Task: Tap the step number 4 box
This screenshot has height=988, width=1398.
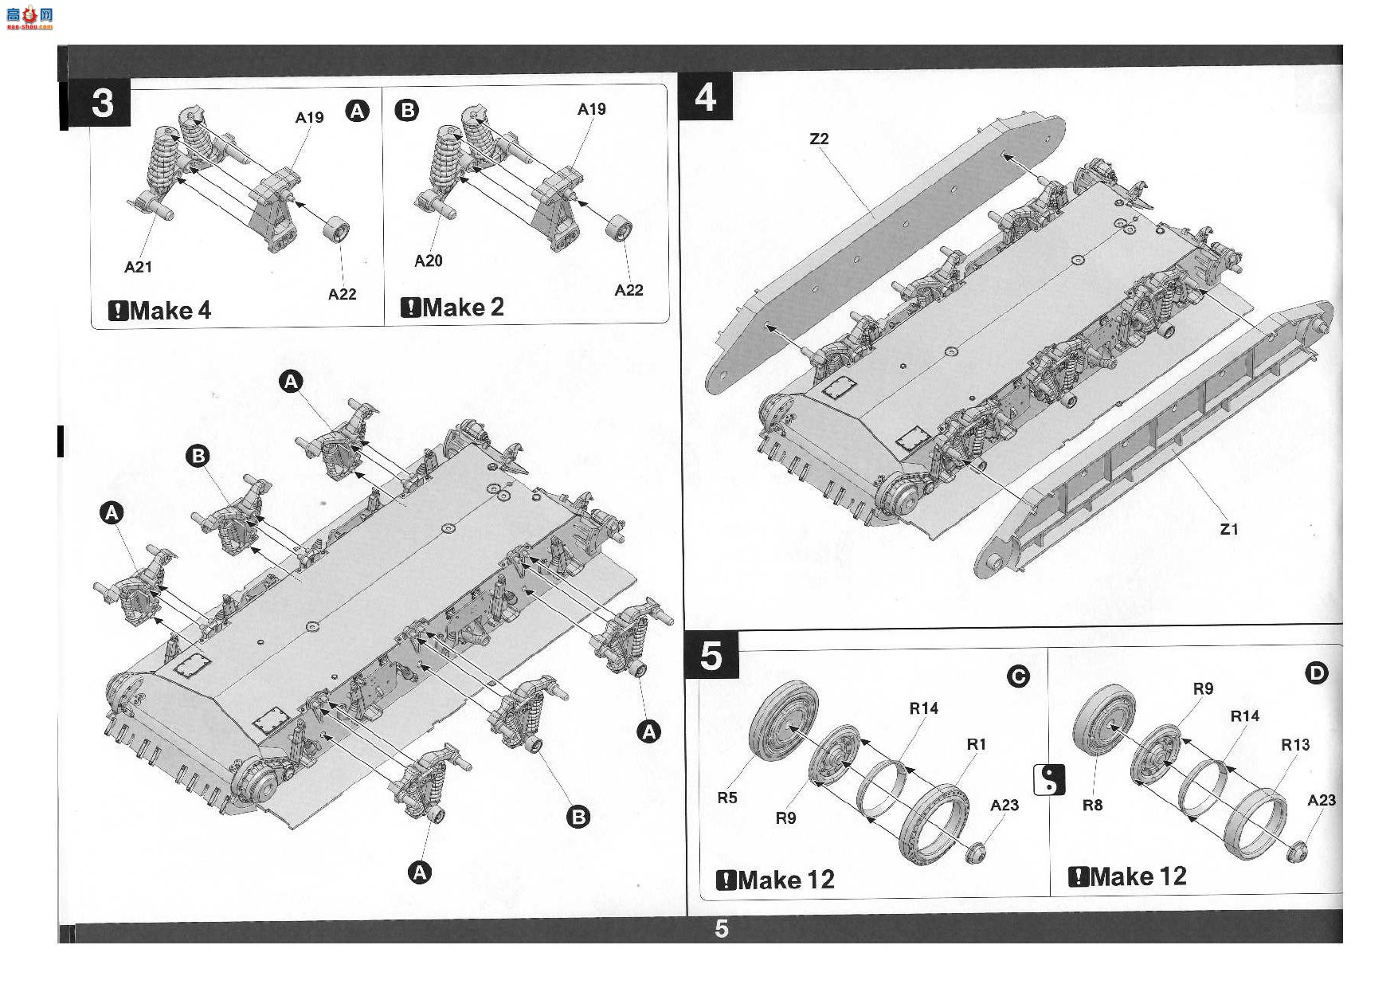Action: [x=705, y=96]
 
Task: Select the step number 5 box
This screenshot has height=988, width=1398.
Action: [x=711, y=657]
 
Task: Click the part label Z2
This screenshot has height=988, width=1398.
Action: [x=819, y=139]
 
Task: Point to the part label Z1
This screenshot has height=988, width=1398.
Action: [x=1229, y=529]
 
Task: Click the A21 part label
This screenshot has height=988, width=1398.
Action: [x=138, y=267]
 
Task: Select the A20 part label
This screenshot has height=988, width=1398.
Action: [x=428, y=261]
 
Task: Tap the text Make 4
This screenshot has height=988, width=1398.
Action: [x=170, y=310]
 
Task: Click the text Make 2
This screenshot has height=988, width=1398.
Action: [x=464, y=307]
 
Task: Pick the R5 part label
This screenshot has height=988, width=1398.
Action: [x=727, y=798]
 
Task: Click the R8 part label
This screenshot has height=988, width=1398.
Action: [x=1092, y=806]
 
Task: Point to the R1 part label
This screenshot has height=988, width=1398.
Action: [x=977, y=744]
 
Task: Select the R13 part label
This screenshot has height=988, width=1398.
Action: [x=1295, y=745]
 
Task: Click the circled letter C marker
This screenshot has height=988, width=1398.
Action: [x=1018, y=677]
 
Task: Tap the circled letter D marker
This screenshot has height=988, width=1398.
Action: [x=1317, y=674]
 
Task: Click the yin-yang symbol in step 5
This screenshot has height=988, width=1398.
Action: [x=1048, y=779]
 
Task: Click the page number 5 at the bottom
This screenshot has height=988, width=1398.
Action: [x=722, y=929]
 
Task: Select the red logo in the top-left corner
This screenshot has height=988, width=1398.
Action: [x=29, y=17]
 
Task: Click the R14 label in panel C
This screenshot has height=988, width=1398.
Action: [x=924, y=708]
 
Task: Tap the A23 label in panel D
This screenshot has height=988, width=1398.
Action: [x=1321, y=800]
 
